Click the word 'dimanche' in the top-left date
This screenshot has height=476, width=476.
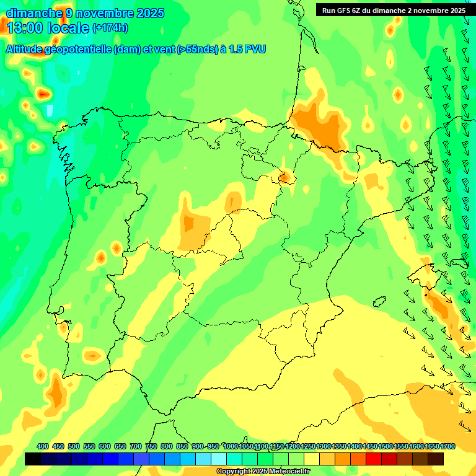coord(32,12)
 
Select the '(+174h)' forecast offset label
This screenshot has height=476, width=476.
coord(110,28)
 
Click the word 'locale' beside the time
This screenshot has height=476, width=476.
coord(68,28)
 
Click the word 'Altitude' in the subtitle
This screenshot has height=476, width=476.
coord(28,49)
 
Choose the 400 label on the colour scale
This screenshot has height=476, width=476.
coord(43,446)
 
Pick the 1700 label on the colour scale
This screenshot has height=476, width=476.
coord(447,446)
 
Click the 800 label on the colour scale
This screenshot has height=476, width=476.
coord(167,446)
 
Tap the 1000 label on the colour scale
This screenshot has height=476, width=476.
coord(231,446)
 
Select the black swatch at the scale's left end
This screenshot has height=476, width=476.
coord(33,459)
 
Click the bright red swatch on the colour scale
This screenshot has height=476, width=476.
coord(374,459)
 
